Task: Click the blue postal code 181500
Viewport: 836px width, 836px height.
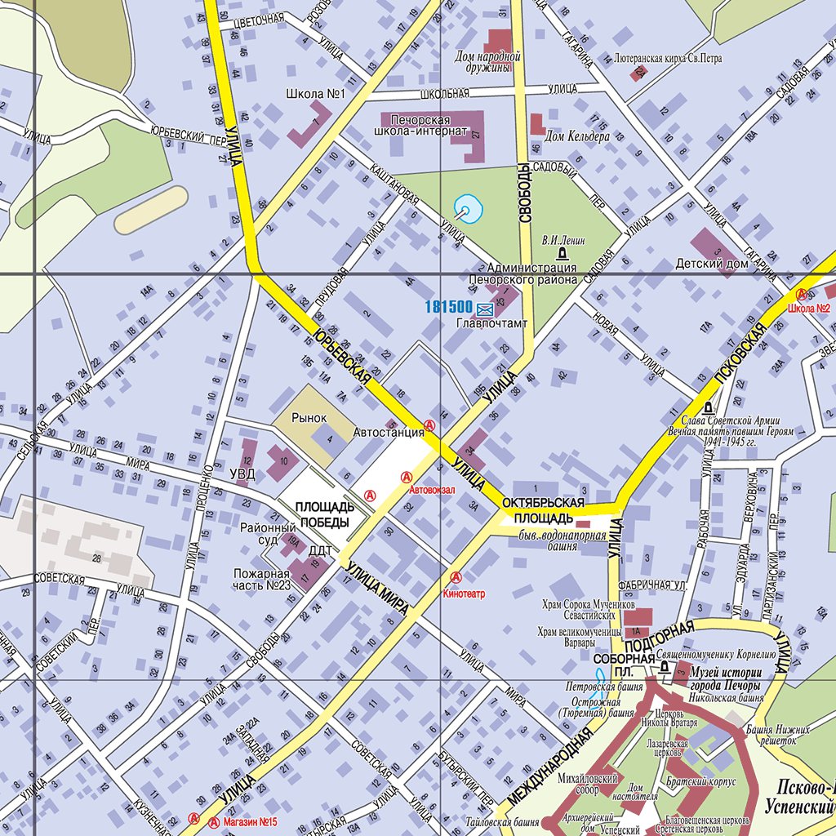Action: pyautogui.click(x=448, y=307)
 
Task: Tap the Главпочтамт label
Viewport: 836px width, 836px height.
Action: pyautogui.click(x=491, y=324)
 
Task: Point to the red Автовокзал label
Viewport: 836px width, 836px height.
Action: pyautogui.click(x=432, y=491)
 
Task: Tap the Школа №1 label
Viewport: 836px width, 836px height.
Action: pyautogui.click(x=316, y=94)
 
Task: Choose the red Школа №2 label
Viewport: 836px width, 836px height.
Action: pyautogui.click(x=809, y=309)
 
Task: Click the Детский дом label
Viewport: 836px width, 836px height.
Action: pyautogui.click(x=712, y=264)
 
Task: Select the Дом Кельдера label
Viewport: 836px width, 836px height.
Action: pyautogui.click(x=577, y=136)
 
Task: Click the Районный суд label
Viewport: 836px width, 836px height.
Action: pyautogui.click(x=268, y=535)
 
